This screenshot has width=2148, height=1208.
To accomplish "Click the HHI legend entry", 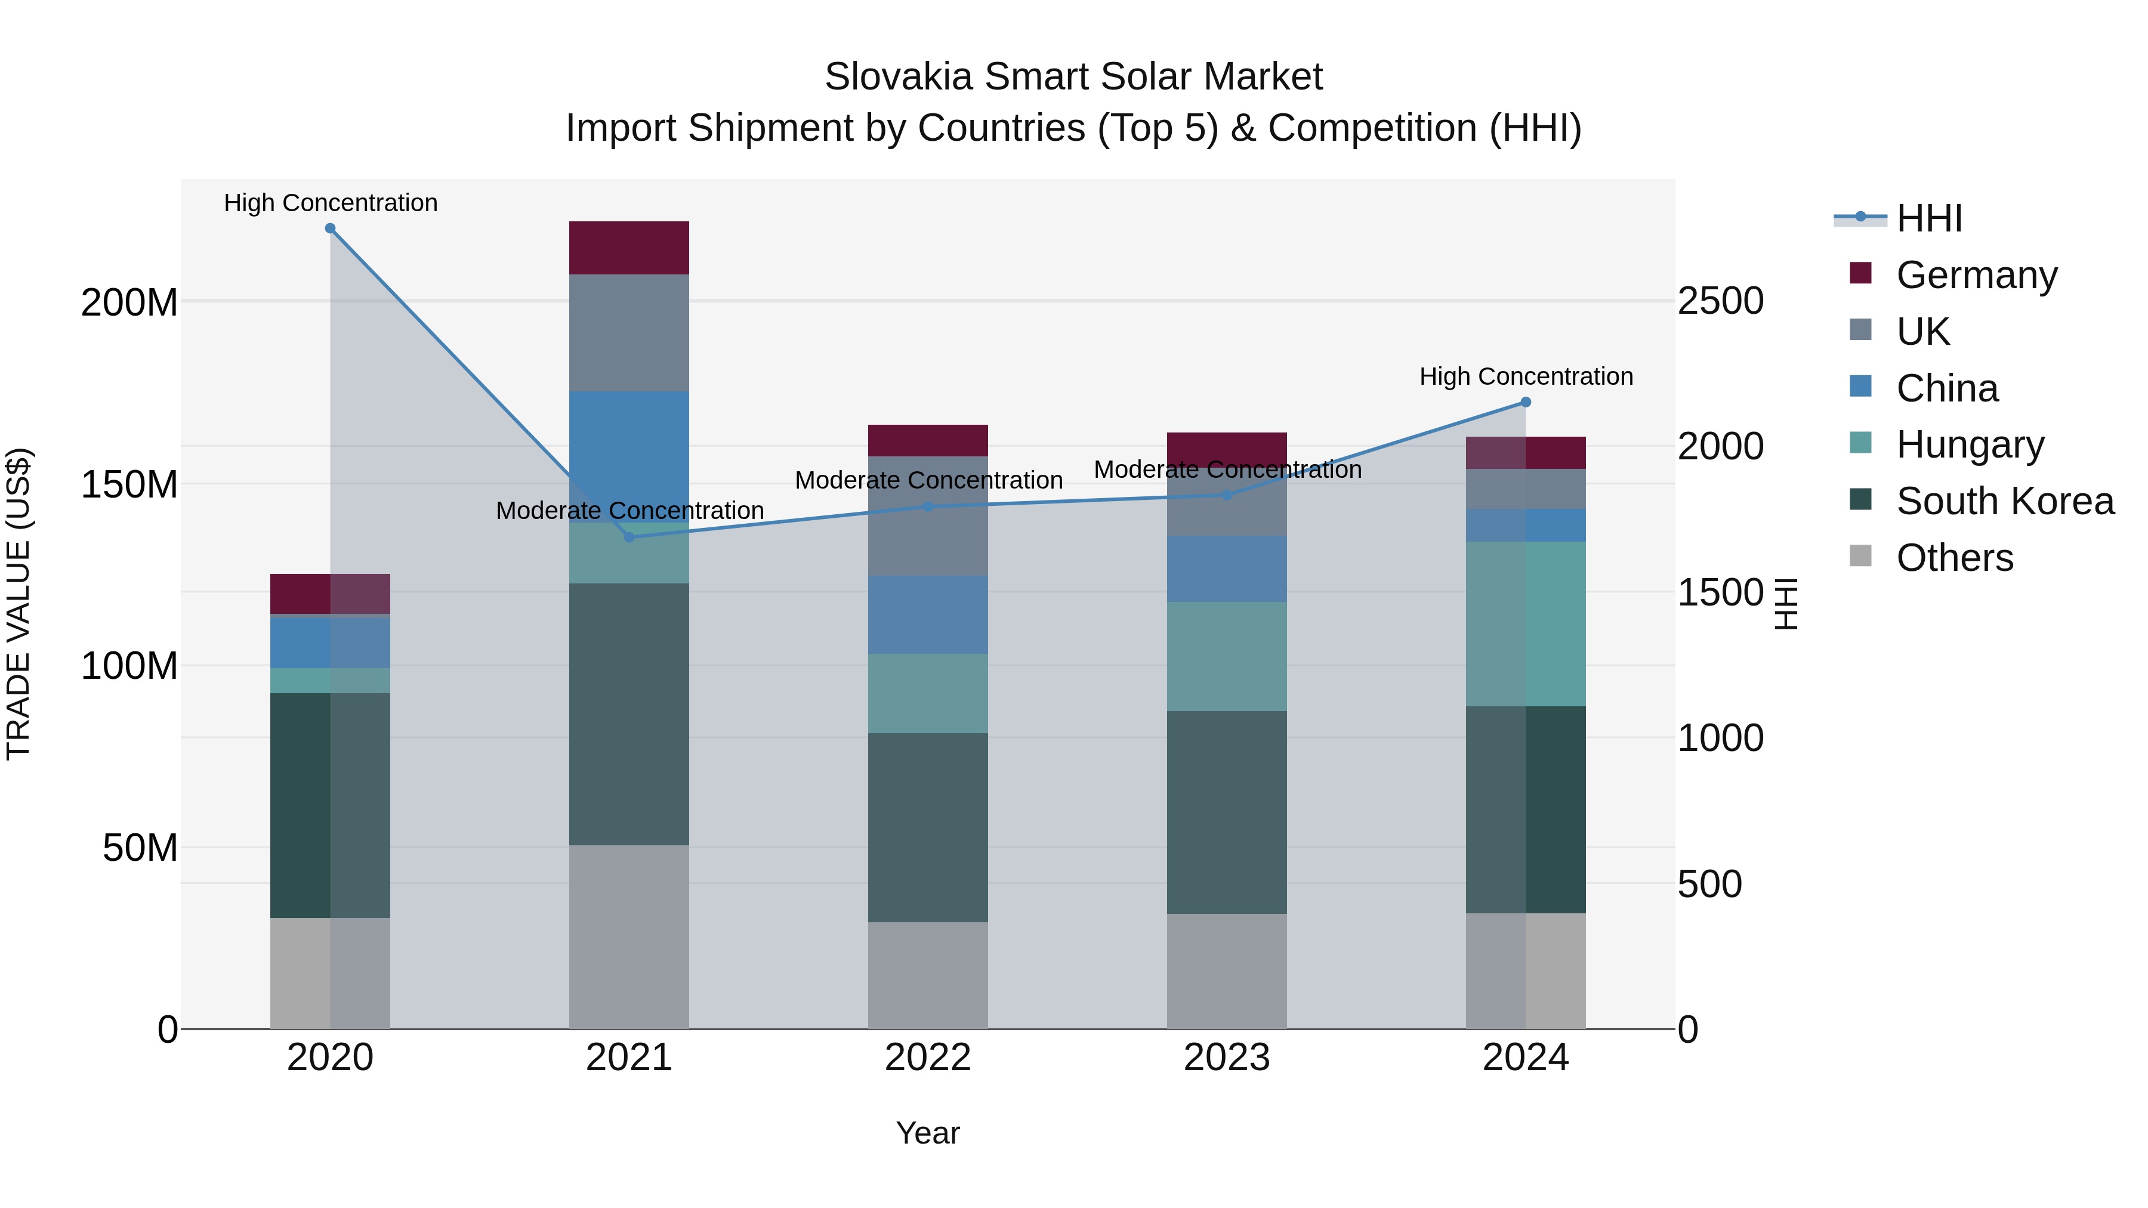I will point(1928,218).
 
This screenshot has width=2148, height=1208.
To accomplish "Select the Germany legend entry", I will point(1976,274).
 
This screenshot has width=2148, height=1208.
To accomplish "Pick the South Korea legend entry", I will point(2005,501).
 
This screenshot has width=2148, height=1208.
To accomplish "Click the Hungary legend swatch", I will point(1860,443).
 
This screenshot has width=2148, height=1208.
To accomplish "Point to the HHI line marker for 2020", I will point(330,228).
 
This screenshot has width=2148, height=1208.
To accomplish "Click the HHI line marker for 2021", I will point(629,537).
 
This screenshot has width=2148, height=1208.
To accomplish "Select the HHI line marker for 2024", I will point(1526,402).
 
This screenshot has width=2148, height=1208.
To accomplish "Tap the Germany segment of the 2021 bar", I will point(629,248).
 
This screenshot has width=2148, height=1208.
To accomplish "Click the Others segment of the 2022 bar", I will point(927,975).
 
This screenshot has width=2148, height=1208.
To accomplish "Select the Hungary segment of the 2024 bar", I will point(1526,623).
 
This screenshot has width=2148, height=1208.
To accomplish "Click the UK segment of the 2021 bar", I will point(629,333).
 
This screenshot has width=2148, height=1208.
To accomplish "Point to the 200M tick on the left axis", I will point(129,302).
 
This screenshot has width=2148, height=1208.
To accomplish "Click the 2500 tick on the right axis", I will point(1720,301).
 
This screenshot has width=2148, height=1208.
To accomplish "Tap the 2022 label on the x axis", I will point(927,1058).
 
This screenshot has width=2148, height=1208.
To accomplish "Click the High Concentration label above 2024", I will point(1526,377).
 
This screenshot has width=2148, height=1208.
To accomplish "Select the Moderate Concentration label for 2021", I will point(629,510).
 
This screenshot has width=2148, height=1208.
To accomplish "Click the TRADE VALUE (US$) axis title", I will point(18,604).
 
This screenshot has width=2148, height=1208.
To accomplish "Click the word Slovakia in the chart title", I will point(885,77).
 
